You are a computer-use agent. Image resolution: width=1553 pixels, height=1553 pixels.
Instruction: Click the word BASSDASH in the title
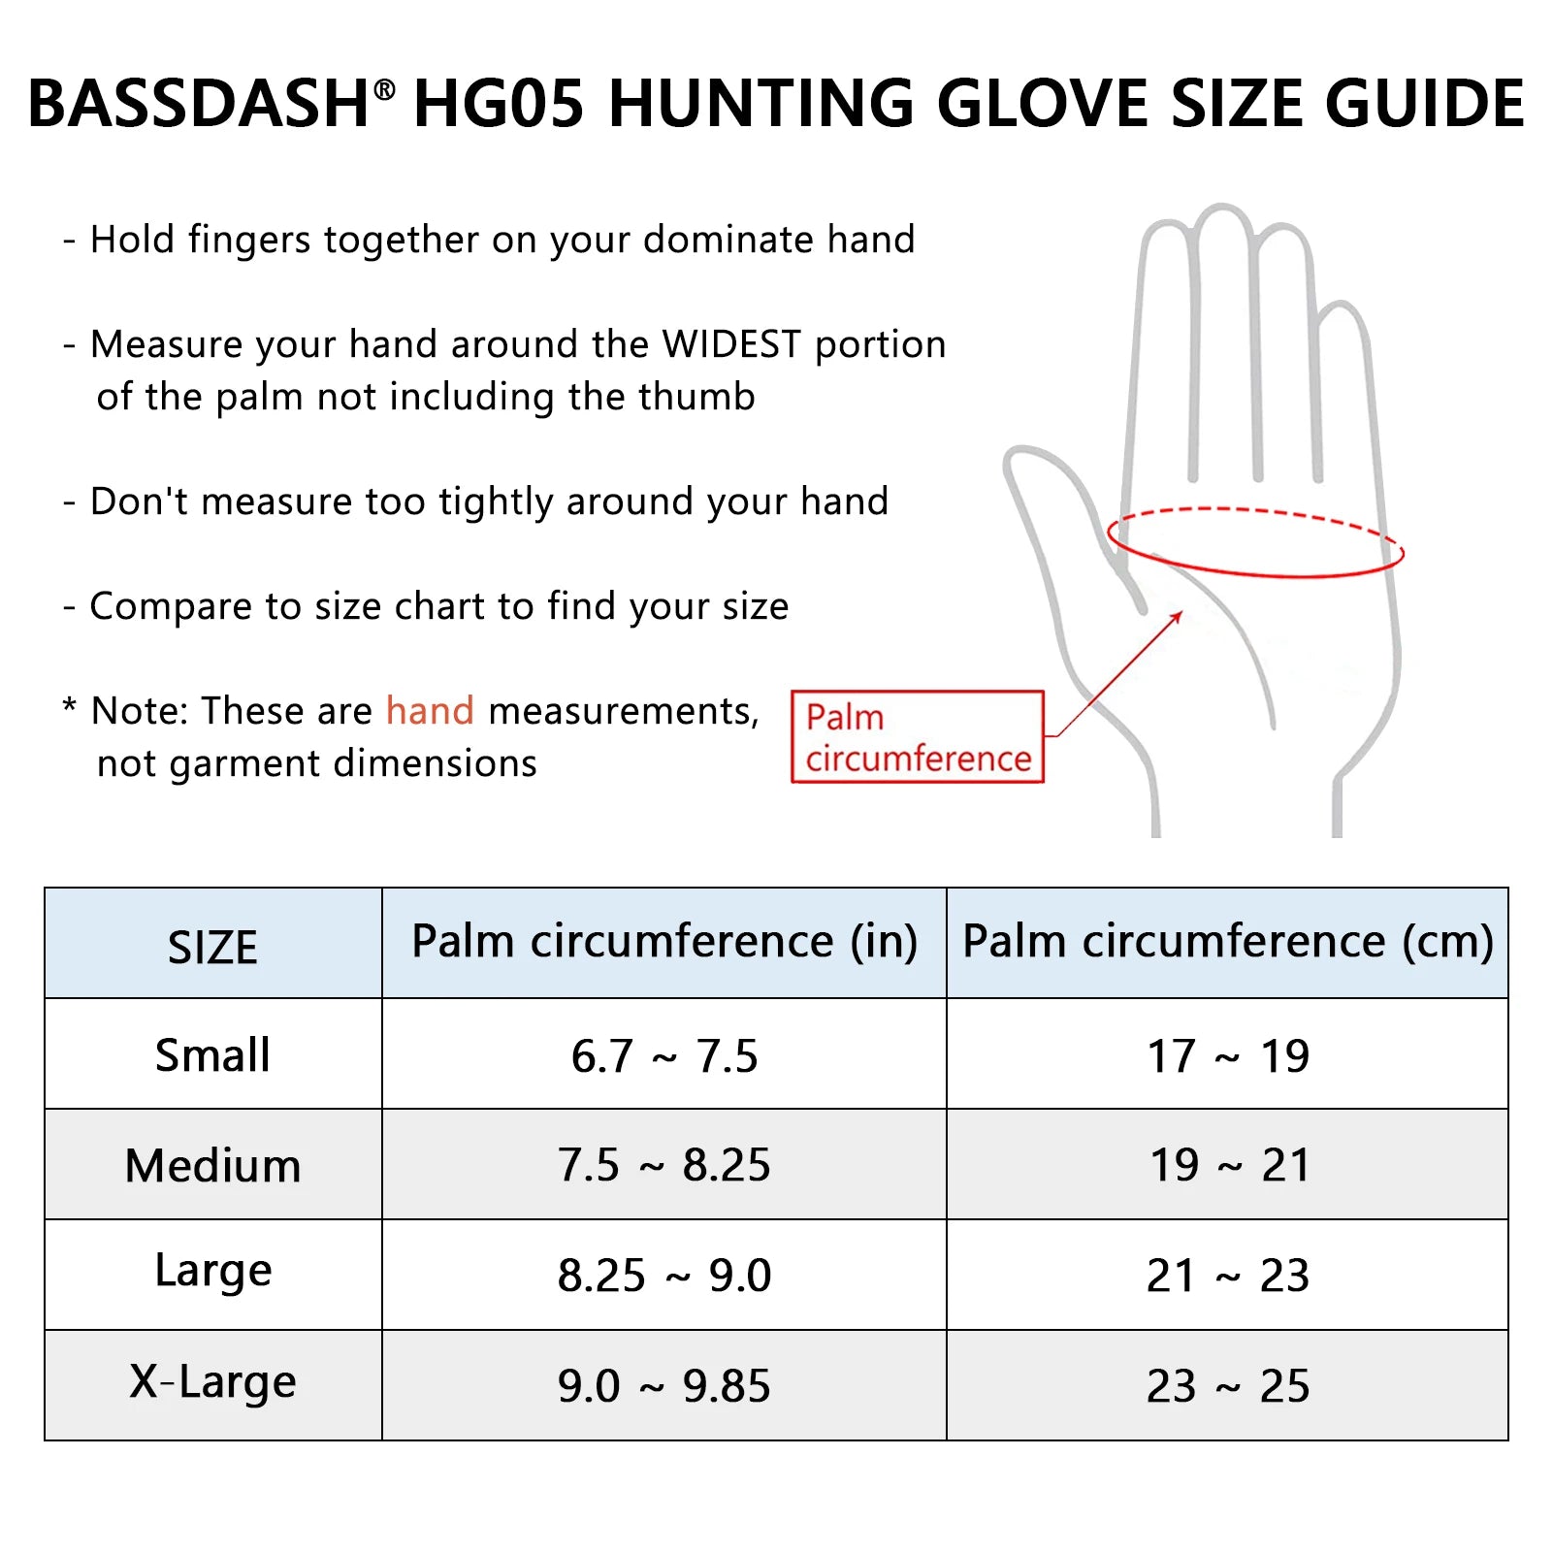pyautogui.click(x=197, y=104)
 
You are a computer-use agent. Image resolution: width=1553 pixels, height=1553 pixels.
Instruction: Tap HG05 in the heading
pyautogui.click(x=499, y=104)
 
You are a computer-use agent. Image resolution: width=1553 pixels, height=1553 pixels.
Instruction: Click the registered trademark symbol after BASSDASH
pyautogui.click(x=385, y=90)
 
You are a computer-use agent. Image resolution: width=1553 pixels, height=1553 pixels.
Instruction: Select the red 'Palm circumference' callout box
pyautogui.click(x=917, y=737)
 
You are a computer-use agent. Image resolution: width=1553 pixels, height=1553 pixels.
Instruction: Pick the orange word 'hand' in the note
pyautogui.click(x=430, y=711)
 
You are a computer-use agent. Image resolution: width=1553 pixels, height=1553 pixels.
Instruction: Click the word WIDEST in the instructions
pyautogui.click(x=731, y=344)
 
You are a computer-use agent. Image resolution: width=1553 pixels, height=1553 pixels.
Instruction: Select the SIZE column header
pyautogui.click(x=212, y=947)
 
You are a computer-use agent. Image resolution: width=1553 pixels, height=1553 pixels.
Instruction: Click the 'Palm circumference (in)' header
pyautogui.click(x=664, y=941)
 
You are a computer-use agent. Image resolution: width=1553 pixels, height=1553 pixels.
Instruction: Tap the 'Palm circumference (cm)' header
pyautogui.click(x=1227, y=941)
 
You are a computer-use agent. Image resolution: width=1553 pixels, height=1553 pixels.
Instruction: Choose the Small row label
pyautogui.click(x=212, y=1054)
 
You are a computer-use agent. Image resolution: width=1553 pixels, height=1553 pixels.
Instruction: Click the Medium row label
pyautogui.click(x=212, y=1165)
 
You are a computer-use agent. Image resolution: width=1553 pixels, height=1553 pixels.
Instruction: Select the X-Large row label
pyautogui.click(x=212, y=1382)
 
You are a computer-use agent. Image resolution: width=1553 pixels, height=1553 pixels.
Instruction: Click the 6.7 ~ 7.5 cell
pyautogui.click(x=664, y=1055)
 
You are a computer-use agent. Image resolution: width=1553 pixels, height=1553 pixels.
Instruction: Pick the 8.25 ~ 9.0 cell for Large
pyautogui.click(x=664, y=1275)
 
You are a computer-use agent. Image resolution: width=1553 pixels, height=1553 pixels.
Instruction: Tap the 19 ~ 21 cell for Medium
pyautogui.click(x=1229, y=1165)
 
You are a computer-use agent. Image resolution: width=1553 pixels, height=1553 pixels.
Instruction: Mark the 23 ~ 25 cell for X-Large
pyautogui.click(x=1228, y=1385)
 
